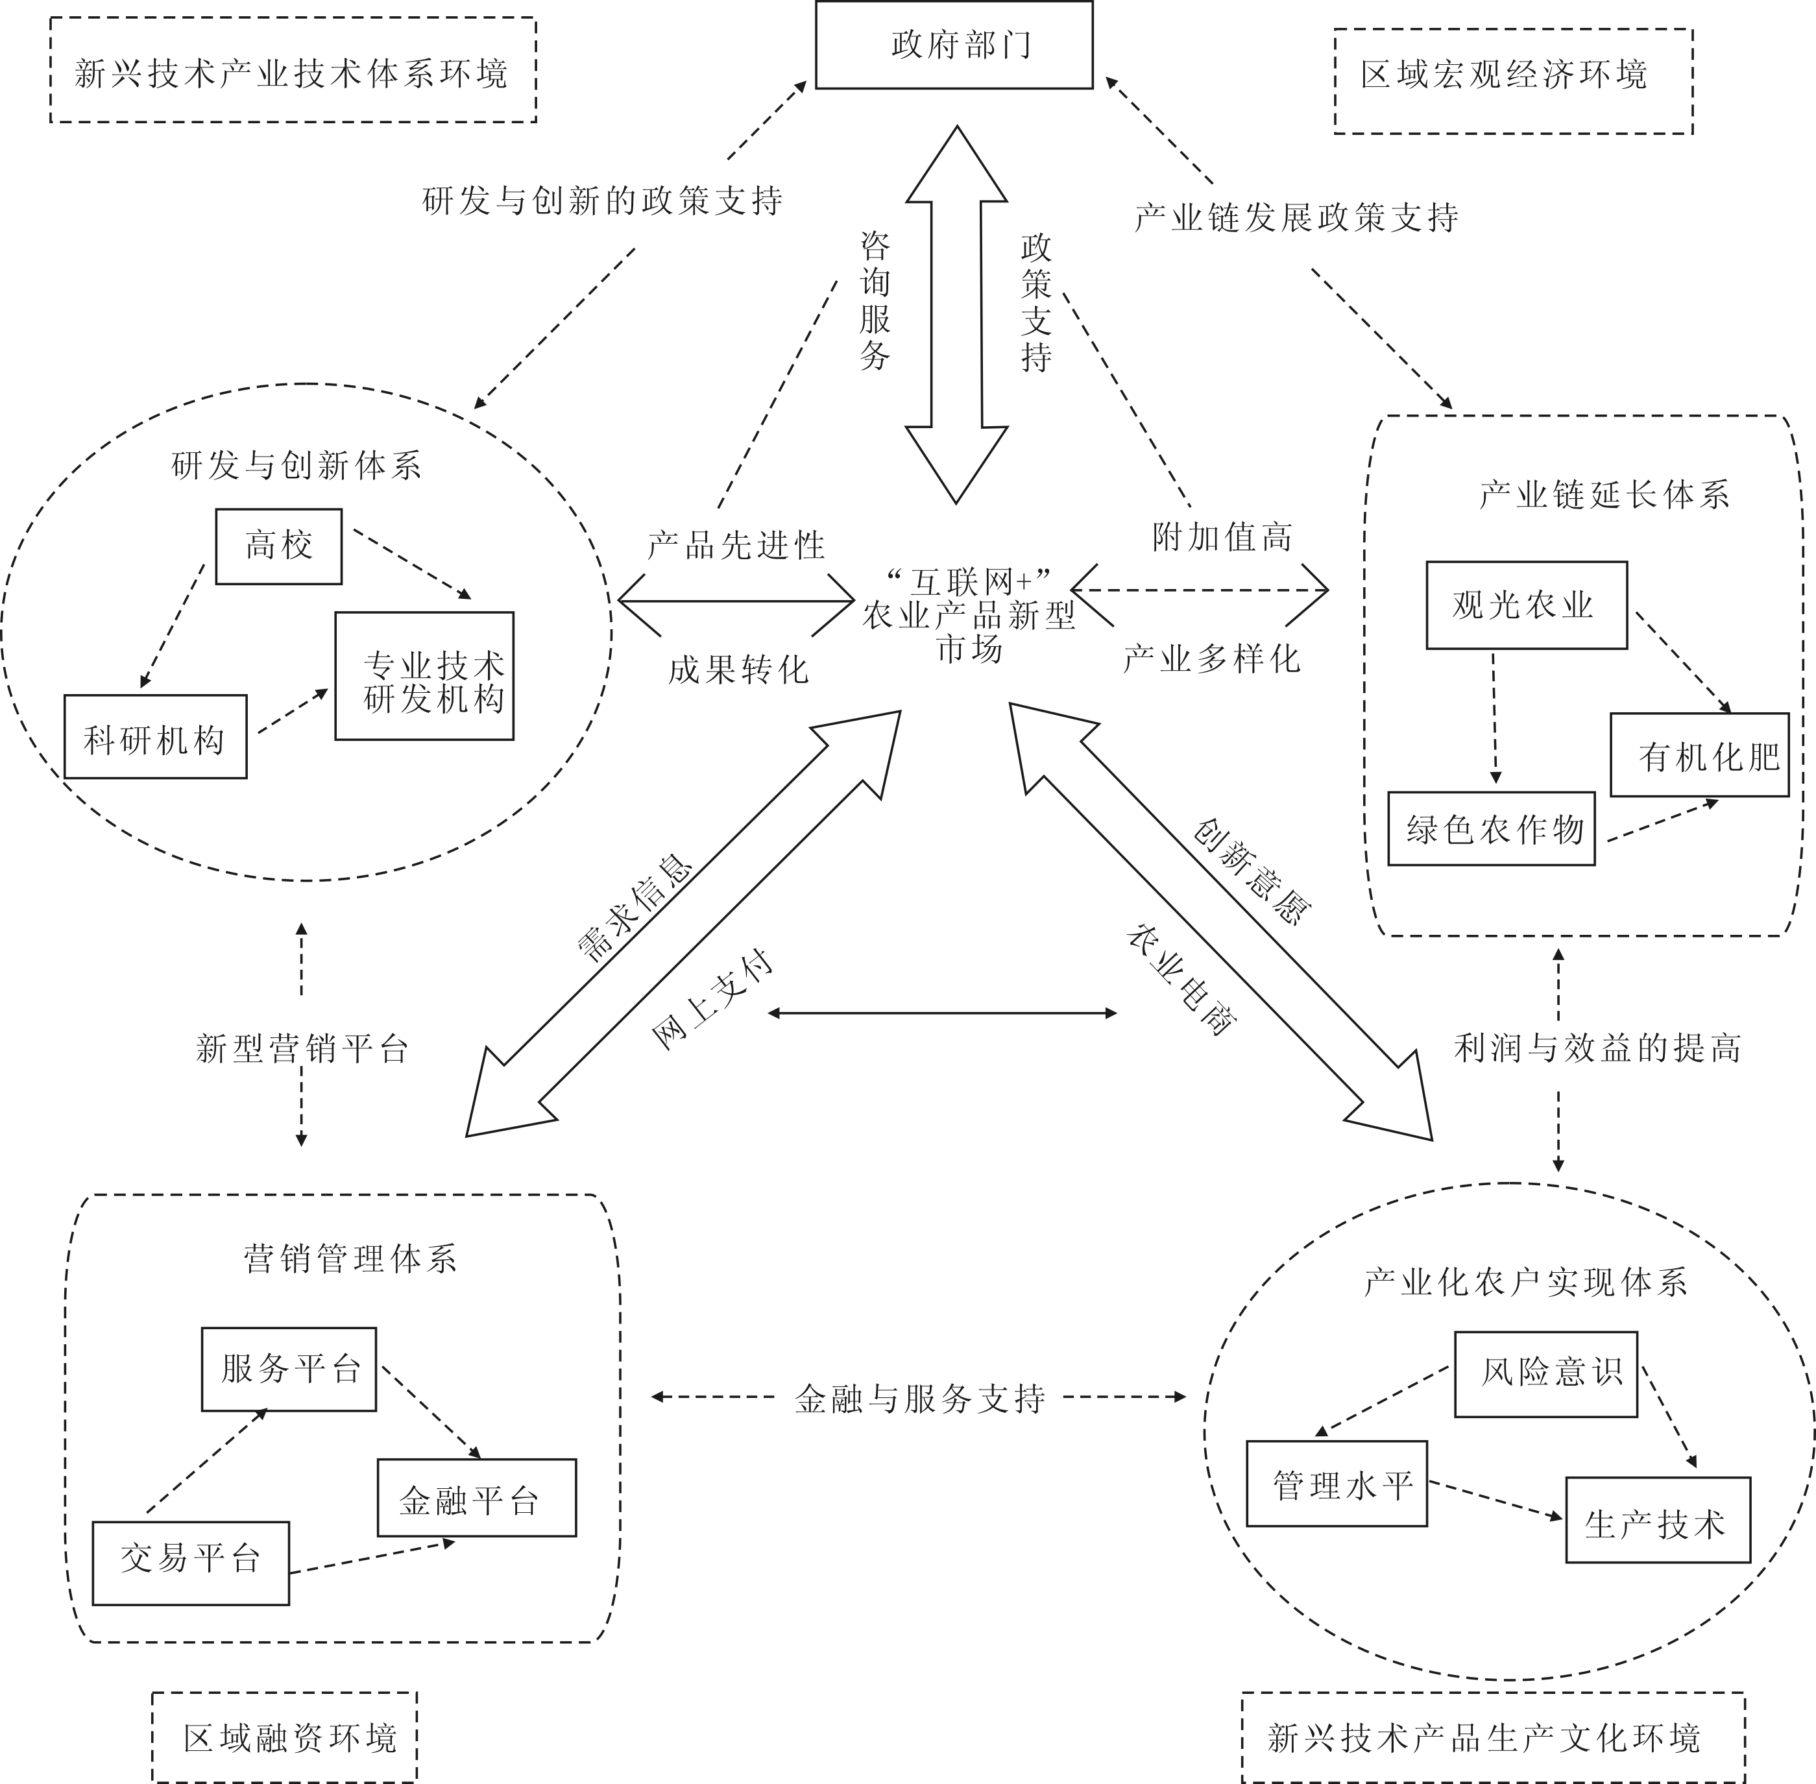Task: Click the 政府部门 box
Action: pyautogui.click(x=954, y=45)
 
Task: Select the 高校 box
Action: pyautogui.click(x=278, y=546)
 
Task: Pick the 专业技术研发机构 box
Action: pyautogui.click(x=424, y=675)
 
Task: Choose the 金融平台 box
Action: pyautogui.click(x=476, y=1497)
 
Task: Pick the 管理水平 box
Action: pyautogui.click(x=1337, y=1483)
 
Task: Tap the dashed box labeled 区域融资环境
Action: pyautogui.click(x=284, y=1737)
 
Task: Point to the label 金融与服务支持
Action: pyautogui.click(x=919, y=1399)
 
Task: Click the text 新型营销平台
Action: pyautogui.click(x=302, y=1048)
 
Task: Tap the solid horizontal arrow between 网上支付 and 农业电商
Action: pyautogui.click(x=941, y=1013)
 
